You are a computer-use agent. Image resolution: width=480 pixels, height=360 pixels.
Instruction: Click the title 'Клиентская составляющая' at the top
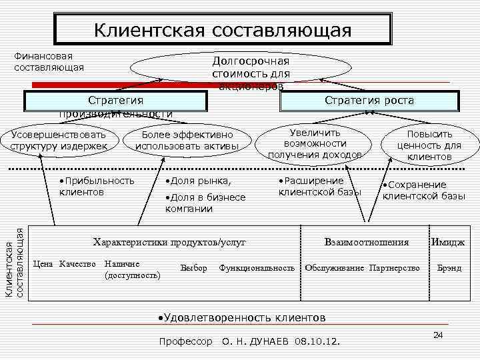coord(222,30)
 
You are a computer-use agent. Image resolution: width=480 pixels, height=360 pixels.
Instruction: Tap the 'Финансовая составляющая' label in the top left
coord(49,61)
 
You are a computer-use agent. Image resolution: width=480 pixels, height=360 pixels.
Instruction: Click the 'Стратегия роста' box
coord(369,101)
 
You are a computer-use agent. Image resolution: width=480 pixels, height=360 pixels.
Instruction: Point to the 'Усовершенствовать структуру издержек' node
coord(58,140)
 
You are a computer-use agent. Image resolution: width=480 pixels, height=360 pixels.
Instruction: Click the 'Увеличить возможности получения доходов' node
coord(315,143)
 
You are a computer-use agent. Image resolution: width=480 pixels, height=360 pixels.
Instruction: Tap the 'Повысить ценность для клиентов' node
coord(429,145)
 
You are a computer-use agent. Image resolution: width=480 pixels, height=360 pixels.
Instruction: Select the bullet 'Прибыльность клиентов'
coord(96,186)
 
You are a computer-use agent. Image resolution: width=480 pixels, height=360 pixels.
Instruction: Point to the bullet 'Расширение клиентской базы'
coord(319,186)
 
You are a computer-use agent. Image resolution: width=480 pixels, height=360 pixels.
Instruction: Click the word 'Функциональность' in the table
coord(257,268)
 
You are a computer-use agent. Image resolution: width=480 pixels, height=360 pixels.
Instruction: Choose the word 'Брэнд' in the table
coord(449,268)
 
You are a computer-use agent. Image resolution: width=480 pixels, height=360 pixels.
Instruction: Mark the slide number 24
coord(438,334)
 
